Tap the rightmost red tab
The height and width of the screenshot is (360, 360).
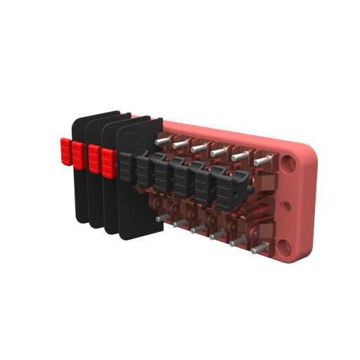(108, 162)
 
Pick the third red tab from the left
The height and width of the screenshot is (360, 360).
(94, 157)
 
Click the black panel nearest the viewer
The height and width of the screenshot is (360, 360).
(141, 204)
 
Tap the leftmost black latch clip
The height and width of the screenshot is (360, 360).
(127, 167)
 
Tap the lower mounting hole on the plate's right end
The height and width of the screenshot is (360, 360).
(285, 246)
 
